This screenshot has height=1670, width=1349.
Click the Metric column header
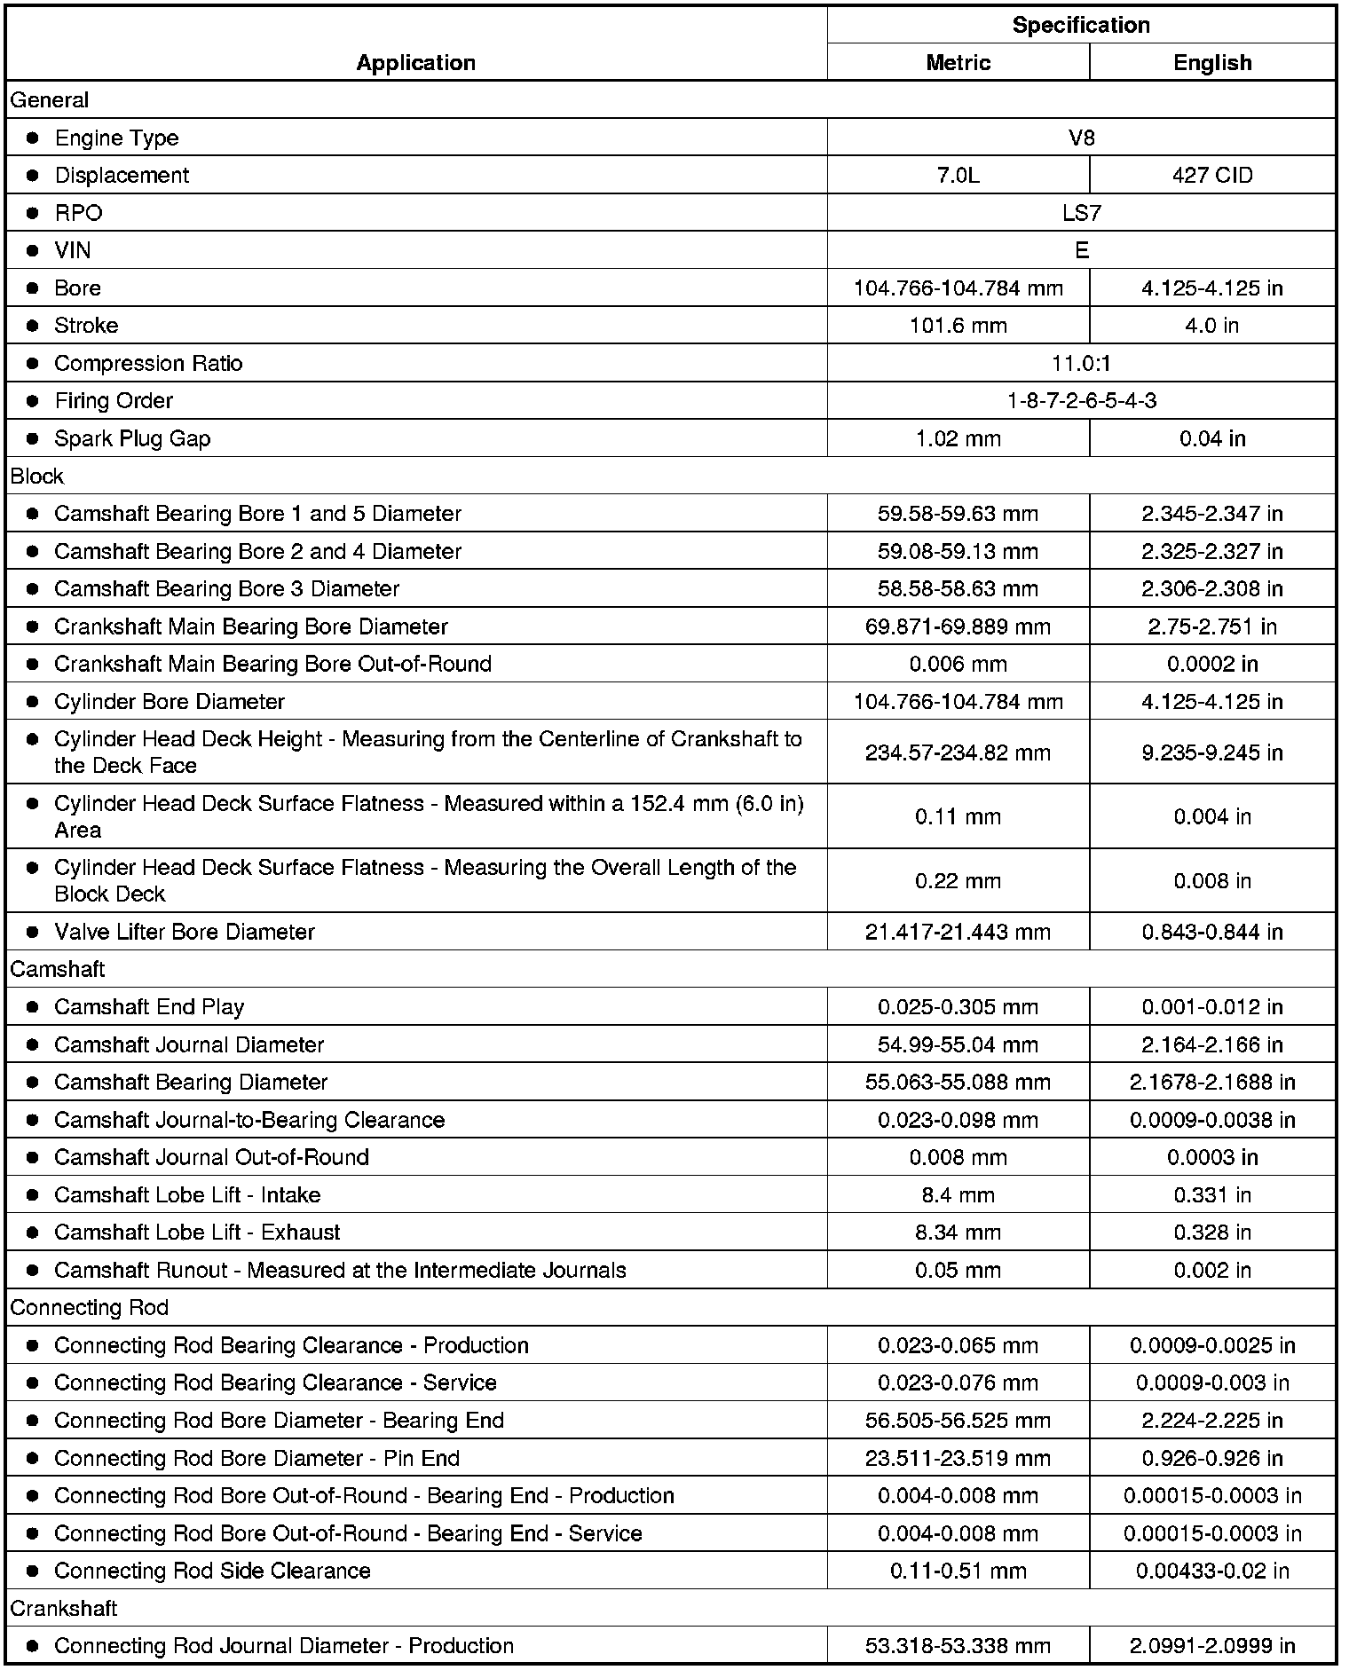click(958, 62)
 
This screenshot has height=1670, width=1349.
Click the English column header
click(1212, 62)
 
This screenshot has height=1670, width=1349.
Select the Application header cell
click(415, 62)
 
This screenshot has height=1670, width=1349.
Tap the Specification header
click(1081, 25)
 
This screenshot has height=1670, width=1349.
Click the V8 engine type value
click(1081, 138)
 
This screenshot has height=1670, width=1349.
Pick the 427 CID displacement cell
click(1212, 175)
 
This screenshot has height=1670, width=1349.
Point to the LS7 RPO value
click(1081, 213)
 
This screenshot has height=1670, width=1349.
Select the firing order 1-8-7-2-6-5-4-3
click(1081, 401)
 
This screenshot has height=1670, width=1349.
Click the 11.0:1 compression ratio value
click(1081, 363)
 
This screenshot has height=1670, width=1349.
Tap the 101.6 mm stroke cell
click(958, 326)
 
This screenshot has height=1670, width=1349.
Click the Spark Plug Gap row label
click(132, 438)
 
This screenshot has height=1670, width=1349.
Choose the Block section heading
click(37, 477)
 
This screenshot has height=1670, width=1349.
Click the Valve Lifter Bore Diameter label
click(185, 932)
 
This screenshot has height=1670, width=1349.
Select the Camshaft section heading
click(58, 969)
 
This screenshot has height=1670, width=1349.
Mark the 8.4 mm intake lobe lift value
click(958, 1195)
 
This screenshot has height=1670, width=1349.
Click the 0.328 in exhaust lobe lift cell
click(1212, 1233)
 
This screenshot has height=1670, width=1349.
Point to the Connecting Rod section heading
click(89, 1308)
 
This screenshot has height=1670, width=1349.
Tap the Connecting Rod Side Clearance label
click(212, 1571)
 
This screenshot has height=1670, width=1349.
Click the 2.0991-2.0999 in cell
click(1212, 1646)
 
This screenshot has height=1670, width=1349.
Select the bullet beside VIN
click(33, 251)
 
